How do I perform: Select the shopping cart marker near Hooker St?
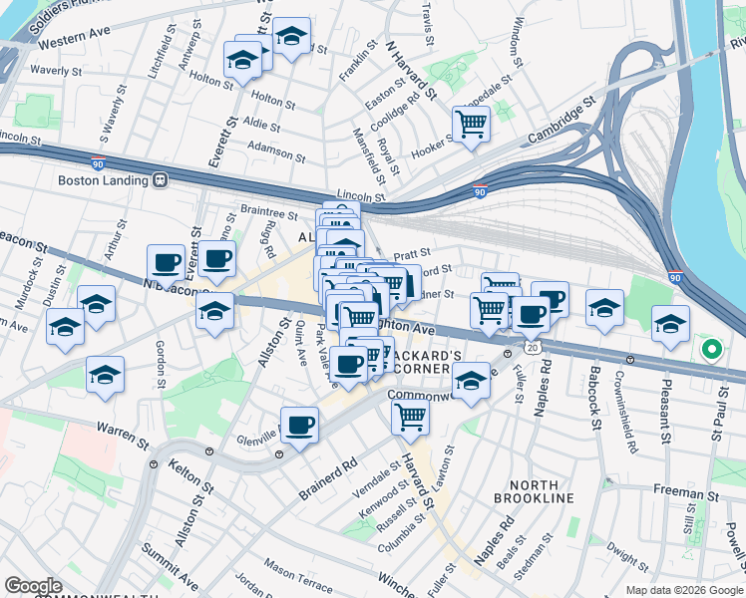470,125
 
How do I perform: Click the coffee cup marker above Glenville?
299,426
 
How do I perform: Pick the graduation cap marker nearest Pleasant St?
670,323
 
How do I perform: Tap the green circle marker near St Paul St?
710,349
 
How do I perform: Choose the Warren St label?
116,430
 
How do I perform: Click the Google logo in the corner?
33,586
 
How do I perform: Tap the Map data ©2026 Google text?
684,590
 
